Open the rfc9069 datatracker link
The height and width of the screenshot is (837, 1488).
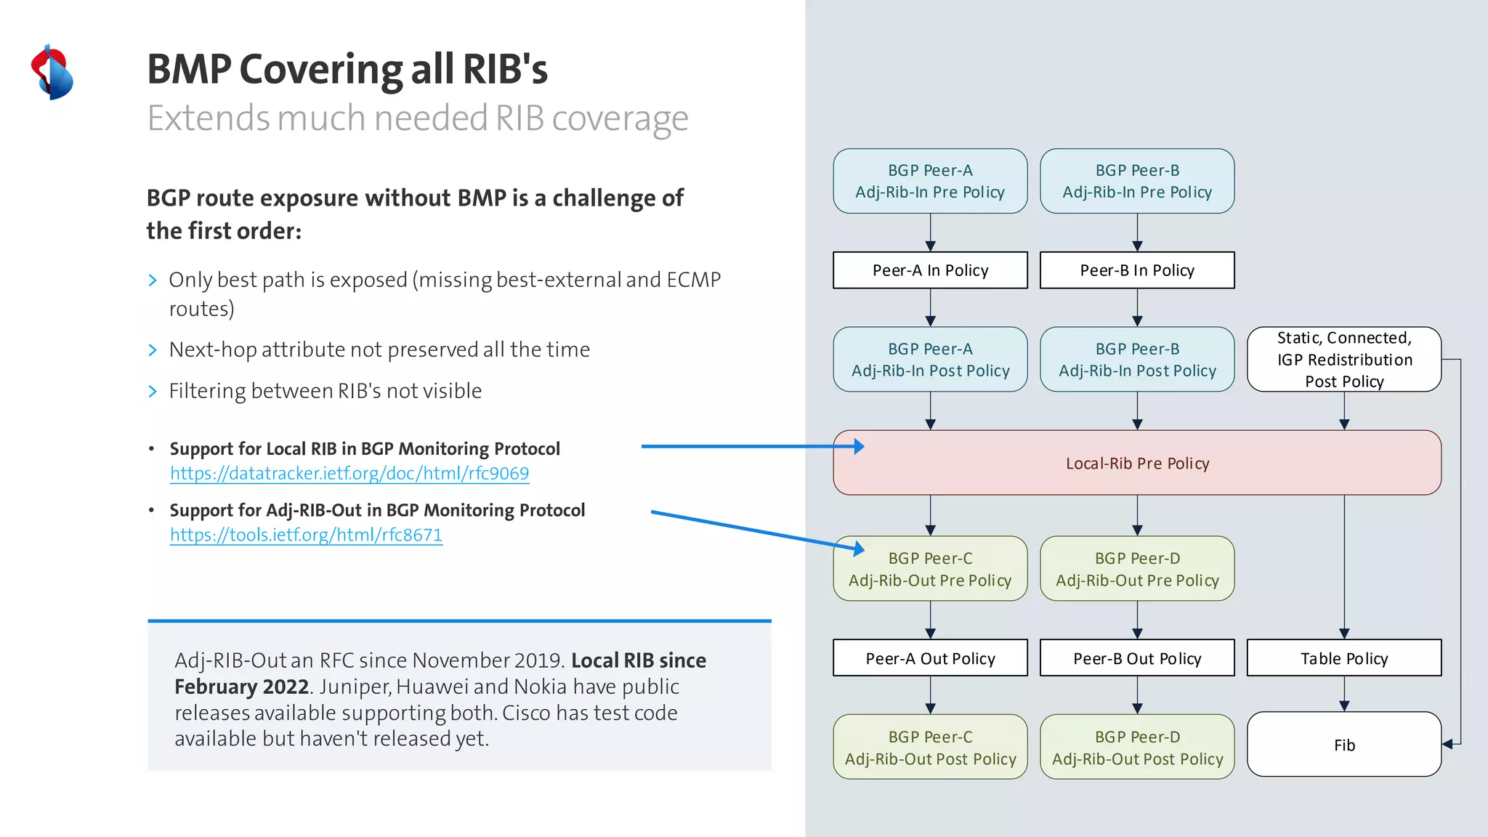349,474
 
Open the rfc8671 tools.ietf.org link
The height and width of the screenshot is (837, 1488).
306,535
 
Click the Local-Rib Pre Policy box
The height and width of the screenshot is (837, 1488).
1137,463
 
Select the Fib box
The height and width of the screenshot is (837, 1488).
1343,745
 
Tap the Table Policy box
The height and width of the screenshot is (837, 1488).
1343,658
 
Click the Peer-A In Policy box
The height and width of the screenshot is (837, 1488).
930,270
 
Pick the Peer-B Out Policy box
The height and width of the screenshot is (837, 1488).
1137,658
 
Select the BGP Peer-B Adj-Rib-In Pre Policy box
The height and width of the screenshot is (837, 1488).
1137,181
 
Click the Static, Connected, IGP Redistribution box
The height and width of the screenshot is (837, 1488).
1343,360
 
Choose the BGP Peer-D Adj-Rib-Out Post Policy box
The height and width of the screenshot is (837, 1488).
1137,747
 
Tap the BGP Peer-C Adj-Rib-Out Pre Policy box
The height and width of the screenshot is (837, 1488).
930,569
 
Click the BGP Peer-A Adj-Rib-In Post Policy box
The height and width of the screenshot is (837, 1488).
930,360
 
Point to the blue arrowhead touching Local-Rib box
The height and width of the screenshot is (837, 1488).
859,446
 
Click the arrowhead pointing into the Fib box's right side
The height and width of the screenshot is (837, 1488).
1447,744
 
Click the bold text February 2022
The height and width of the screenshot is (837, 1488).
241,687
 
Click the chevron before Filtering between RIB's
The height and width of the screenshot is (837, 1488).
153,392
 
